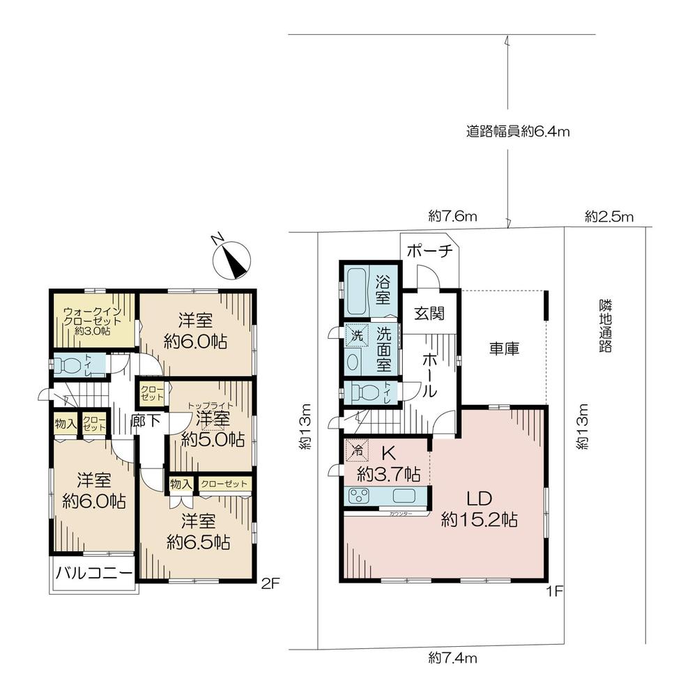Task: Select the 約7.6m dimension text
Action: pos(452,216)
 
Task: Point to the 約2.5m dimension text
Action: pos(608,216)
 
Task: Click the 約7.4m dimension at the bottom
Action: pos(452,657)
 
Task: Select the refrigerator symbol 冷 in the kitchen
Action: pos(356,451)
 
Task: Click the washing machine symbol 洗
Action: pos(357,334)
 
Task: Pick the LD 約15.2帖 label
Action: pos(480,509)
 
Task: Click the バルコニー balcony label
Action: pos(93,575)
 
